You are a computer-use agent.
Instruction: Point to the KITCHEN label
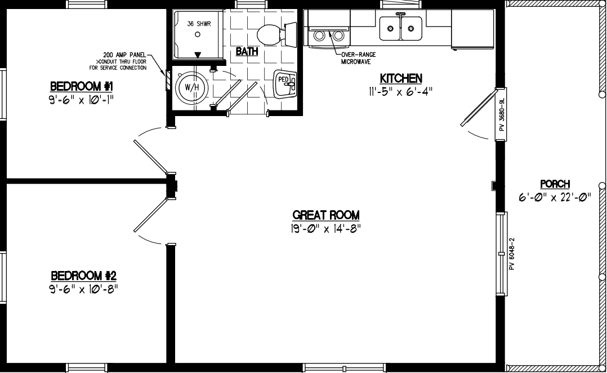coord(401,78)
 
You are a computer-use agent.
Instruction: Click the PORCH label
coord(555,184)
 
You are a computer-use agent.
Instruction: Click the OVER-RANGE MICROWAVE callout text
coord(359,58)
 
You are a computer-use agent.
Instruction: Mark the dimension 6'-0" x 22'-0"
coord(555,197)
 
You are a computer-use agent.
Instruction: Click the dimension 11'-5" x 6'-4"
coord(401,91)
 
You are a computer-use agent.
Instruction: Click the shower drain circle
coord(198,34)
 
